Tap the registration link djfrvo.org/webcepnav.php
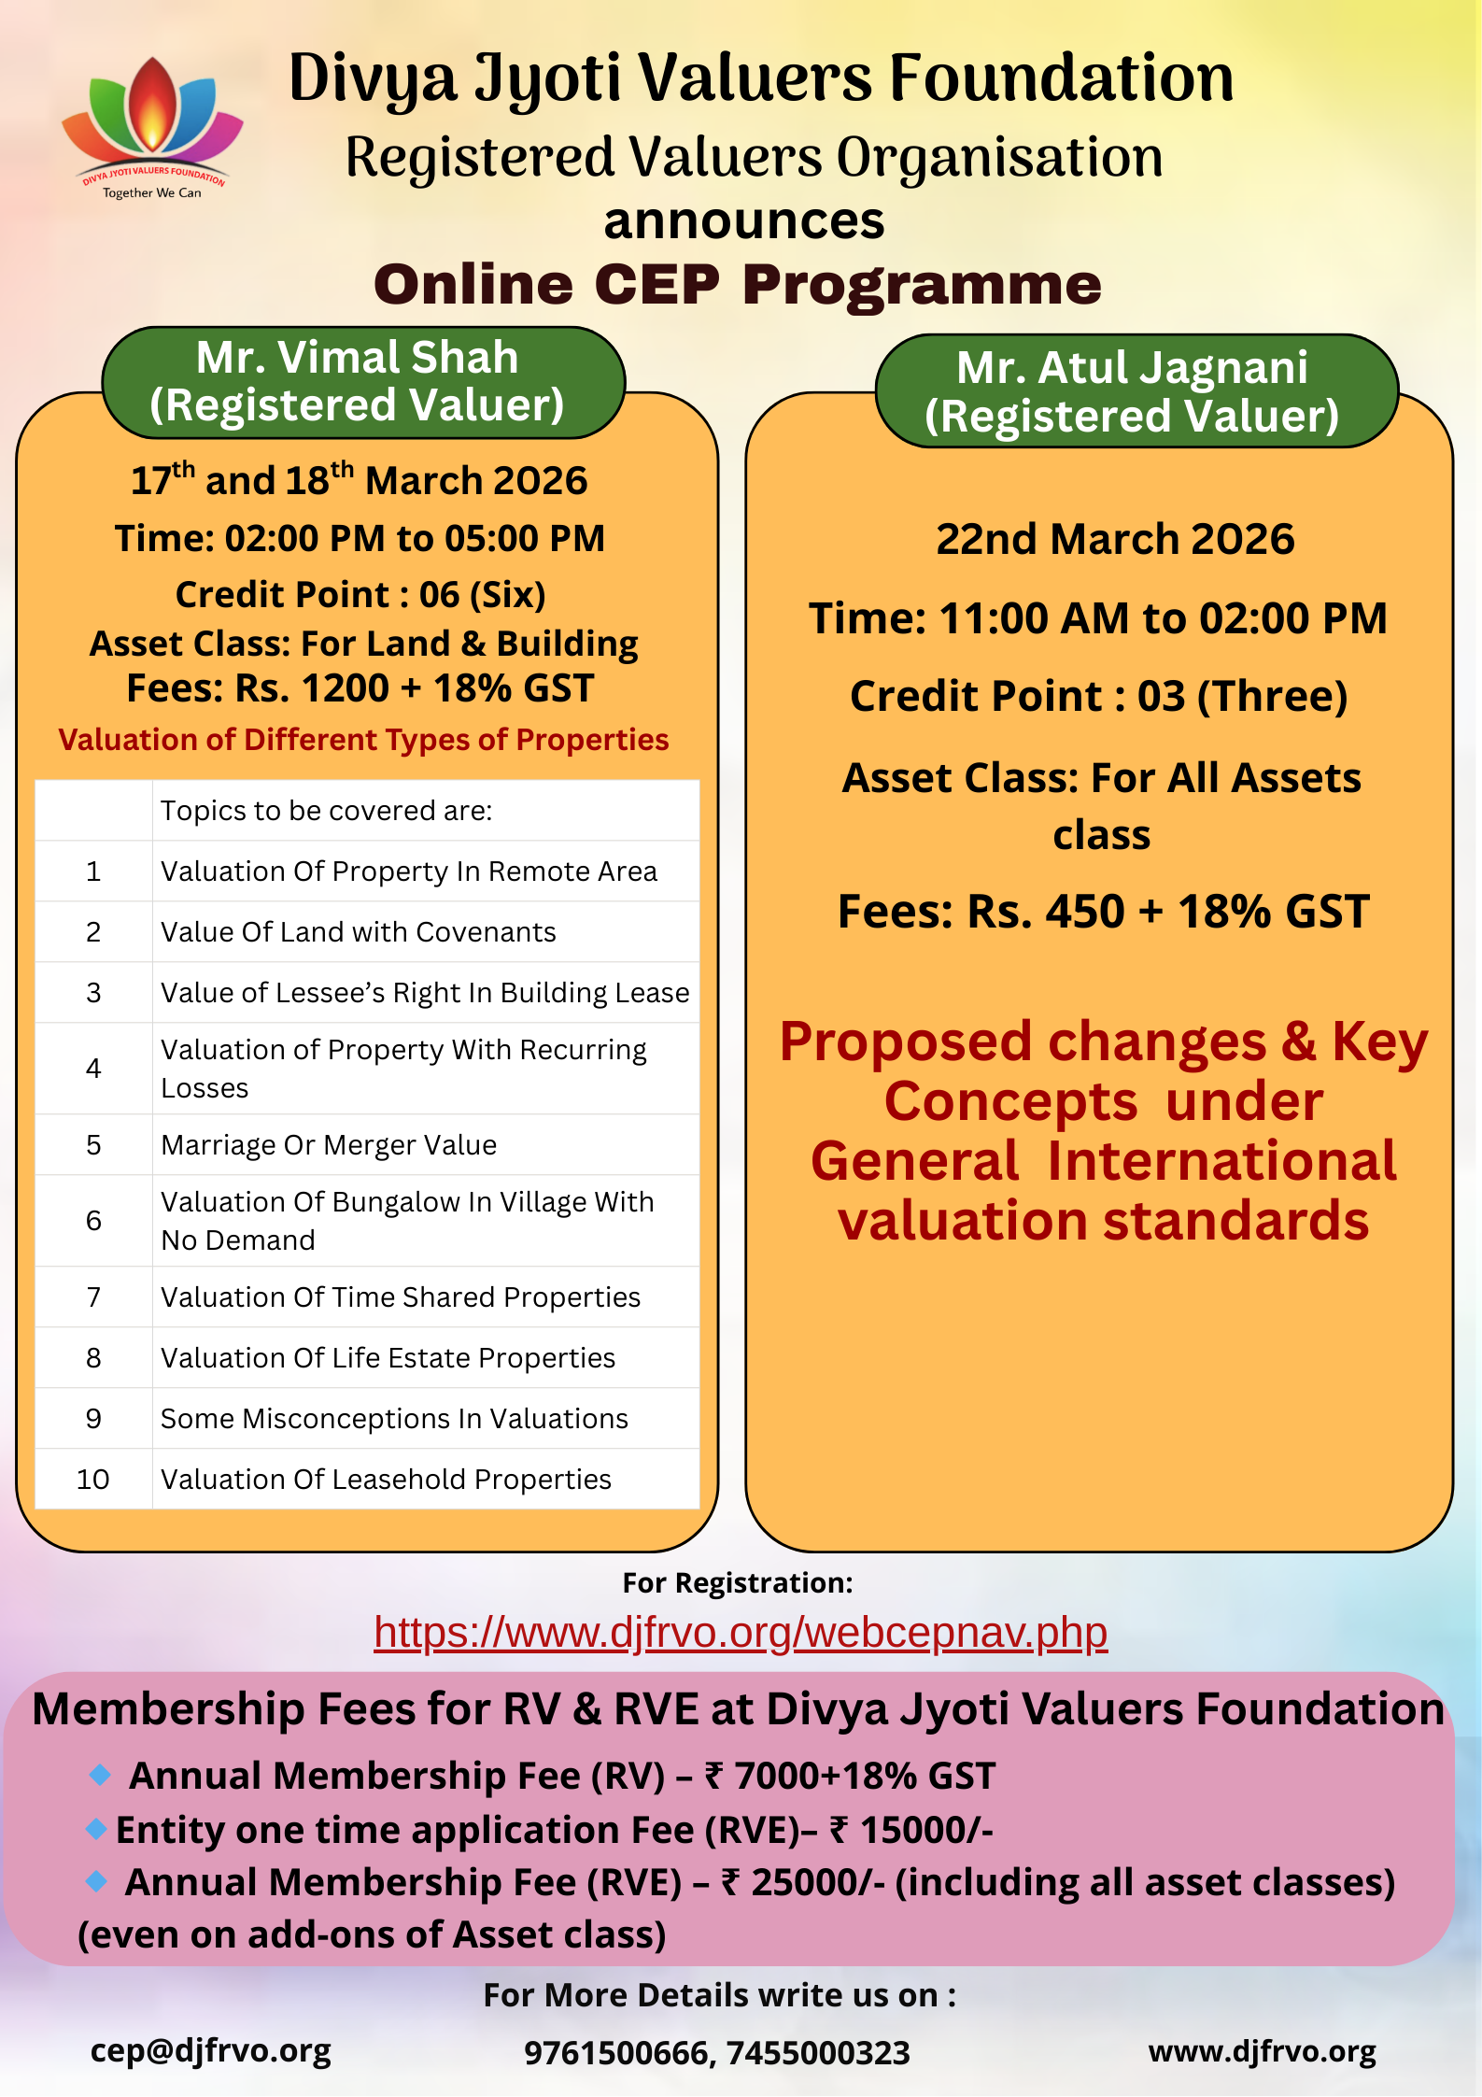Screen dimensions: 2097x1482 [741, 1632]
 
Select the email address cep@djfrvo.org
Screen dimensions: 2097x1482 [211, 2050]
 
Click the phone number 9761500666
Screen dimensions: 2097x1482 [617, 2052]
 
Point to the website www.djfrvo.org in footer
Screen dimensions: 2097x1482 [1262, 2050]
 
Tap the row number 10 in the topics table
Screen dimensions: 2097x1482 [93, 1479]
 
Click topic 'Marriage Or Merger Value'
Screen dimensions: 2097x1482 [329, 1144]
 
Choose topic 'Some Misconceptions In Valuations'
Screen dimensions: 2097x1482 [394, 1418]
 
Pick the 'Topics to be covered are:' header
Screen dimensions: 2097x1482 [326, 810]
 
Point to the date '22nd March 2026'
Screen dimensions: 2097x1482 [1115, 539]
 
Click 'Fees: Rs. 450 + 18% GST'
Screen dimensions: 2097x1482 [1103, 911]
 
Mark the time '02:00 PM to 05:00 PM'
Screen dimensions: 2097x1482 [416, 538]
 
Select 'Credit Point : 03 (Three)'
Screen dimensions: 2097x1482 [1099, 696]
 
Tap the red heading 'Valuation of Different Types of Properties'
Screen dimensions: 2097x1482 [363, 739]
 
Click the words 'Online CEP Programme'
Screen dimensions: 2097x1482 [738, 284]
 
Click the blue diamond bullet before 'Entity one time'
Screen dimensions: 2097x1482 [96, 1829]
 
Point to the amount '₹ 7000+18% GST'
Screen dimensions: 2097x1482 [850, 1776]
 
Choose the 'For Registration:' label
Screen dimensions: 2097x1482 [738, 1582]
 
